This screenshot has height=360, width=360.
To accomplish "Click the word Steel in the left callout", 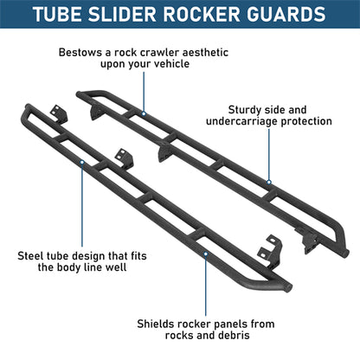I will (33, 256).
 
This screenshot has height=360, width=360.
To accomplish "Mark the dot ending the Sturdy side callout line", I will (269, 183).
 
